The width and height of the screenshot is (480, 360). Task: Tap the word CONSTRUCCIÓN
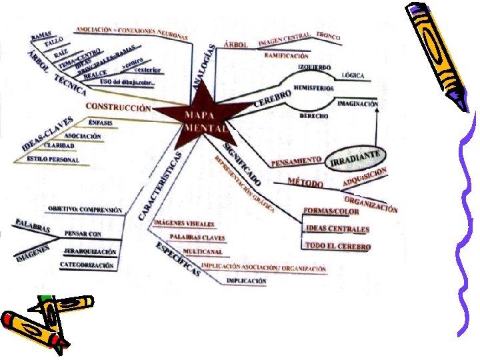(x=119, y=107)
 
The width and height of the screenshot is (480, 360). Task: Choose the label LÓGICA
(x=353, y=75)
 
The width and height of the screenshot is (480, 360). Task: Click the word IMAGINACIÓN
(x=357, y=104)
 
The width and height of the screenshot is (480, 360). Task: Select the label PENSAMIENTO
(x=297, y=162)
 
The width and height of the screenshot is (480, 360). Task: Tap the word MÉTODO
(x=305, y=181)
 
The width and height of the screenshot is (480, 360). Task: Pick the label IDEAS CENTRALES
(x=337, y=229)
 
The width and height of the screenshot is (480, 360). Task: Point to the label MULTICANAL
(x=203, y=251)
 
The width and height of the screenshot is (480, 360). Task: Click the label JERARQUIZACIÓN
(x=90, y=251)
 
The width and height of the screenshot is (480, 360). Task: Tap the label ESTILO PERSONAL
(x=53, y=159)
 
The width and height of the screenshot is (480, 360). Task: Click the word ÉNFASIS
(x=100, y=123)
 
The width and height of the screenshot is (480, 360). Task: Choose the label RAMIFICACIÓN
(x=286, y=56)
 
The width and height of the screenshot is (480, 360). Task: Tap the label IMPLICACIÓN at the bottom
(x=246, y=281)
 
